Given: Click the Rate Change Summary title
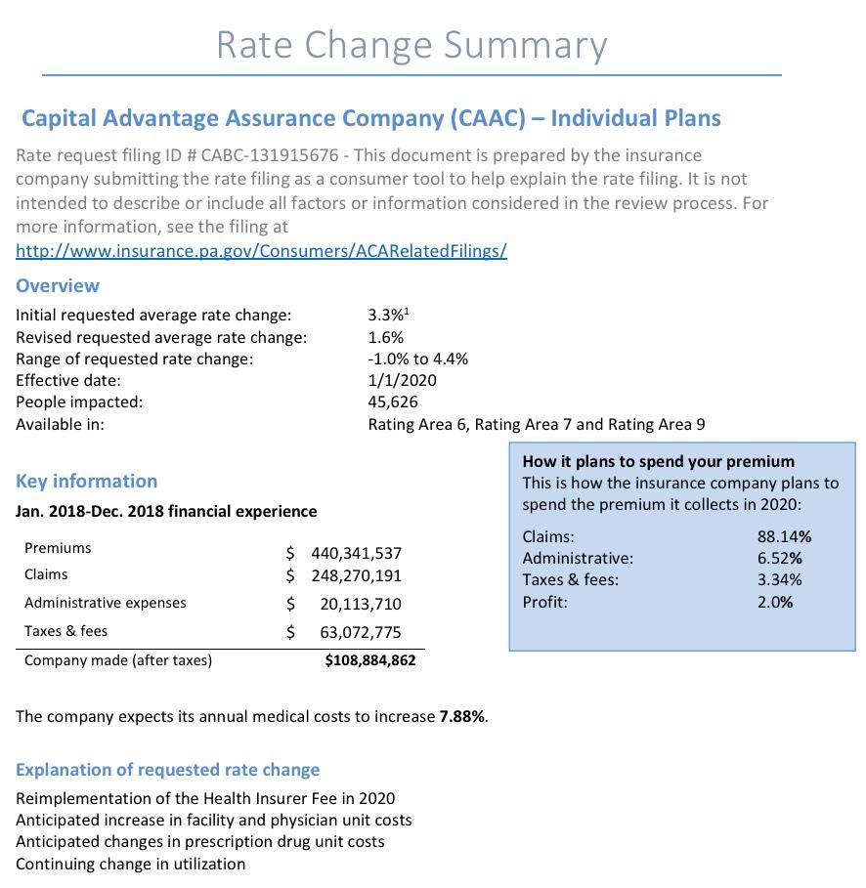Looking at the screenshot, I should tap(411, 45).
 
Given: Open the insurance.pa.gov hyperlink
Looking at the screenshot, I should tap(261, 250).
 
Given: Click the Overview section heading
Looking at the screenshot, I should tap(58, 285).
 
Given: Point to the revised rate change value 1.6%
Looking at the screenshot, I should tap(386, 337).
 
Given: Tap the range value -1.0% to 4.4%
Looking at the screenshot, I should tap(417, 359).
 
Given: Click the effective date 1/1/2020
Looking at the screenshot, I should tap(403, 380).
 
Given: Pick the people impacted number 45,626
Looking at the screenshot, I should tap(393, 402).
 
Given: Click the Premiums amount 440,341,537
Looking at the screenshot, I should tap(356, 553).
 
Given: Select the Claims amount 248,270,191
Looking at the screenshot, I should tap(356, 575).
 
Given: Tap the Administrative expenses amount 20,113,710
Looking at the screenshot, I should tap(361, 604).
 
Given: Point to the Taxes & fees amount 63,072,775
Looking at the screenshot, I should tap(361, 632).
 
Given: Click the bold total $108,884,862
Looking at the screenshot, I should tap(369, 660).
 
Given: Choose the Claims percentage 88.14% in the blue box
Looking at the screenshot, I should tap(784, 536).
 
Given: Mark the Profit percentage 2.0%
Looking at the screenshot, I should tap(775, 602).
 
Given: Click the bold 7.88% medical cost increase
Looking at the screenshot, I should tap(461, 716).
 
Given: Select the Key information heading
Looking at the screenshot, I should tap(86, 481).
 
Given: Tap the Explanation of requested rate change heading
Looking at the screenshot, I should tap(167, 769).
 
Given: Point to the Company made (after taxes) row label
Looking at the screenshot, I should tap(117, 659).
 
